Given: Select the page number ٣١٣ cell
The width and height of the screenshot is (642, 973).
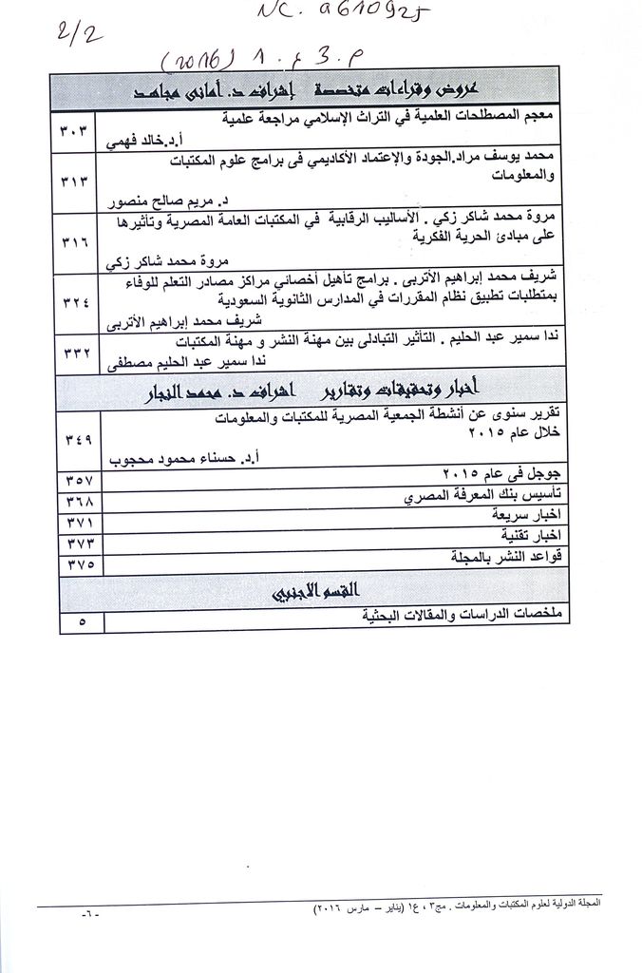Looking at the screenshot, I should (x=81, y=180).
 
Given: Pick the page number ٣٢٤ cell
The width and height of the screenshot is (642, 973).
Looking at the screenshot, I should (x=81, y=303).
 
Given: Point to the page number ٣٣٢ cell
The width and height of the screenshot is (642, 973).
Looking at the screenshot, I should (x=81, y=353).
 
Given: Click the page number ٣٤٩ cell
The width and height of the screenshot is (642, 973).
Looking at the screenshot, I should (x=81, y=438).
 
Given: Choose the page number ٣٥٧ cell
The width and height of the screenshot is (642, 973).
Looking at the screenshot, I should (x=81, y=475).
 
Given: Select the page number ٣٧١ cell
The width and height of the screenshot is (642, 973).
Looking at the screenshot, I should (x=81, y=523).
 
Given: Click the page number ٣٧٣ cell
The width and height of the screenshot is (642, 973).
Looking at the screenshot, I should (x=81, y=543).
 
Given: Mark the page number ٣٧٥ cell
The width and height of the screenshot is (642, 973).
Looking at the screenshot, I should (x=81, y=563).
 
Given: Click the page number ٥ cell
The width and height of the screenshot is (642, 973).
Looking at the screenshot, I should (x=81, y=622).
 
